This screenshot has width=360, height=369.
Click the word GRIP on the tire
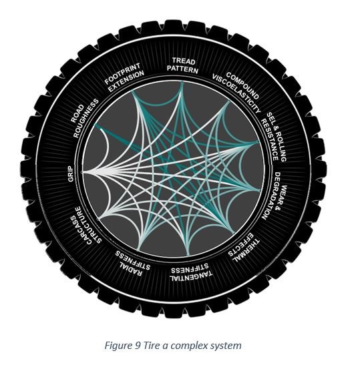(x=71, y=173)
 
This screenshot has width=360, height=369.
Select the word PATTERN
(x=182, y=69)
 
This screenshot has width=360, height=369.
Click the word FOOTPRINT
(x=122, y=73)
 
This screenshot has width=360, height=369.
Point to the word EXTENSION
(x=126, y=81)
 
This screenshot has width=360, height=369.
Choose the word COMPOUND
(x=243, y=85)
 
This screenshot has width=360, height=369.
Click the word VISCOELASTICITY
(x=236, y=93)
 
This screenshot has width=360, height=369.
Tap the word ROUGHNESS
(x=85, y=118)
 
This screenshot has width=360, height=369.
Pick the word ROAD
(x=77, y=113)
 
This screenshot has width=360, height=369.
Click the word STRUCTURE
(x=89, y=224)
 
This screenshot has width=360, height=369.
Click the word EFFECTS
(x=240, y=245)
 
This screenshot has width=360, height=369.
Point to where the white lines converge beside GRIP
(x=82, y=173)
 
